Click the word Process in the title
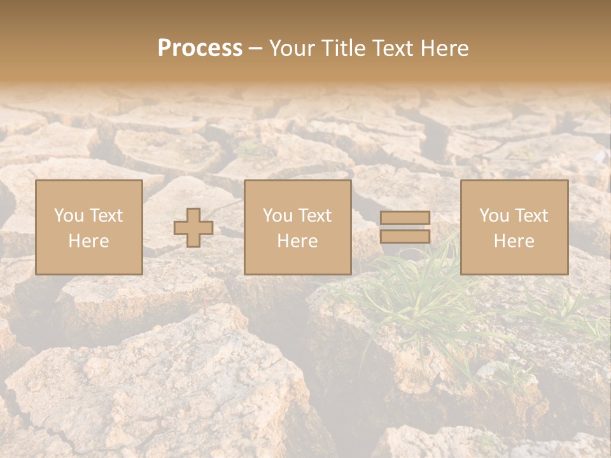200,48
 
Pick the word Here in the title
445,48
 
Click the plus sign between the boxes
193,228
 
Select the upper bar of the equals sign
405,218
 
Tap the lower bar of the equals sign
405,237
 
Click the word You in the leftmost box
67,215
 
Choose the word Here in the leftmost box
88,240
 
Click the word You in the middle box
277,215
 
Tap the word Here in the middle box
297,240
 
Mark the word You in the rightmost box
493,215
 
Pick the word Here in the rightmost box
514,240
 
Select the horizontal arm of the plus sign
181,228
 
